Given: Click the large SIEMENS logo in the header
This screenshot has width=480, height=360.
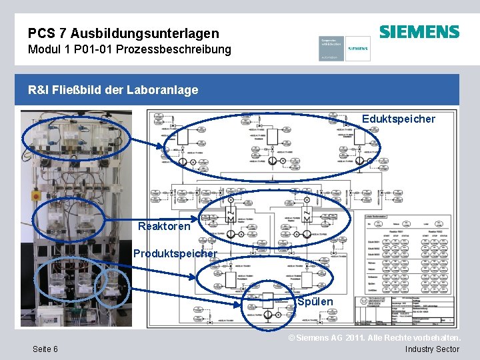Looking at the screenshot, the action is click(419, 31).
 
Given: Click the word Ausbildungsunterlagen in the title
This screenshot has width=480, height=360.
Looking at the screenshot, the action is click(145, 33).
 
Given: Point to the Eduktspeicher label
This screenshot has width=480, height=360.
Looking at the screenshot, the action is click(398, 119).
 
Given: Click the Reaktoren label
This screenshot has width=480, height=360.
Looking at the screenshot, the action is click(163, 226).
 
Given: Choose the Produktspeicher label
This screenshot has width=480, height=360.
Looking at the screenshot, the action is click(175, 253).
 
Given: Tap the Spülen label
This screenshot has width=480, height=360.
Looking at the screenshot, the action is click(315, 301).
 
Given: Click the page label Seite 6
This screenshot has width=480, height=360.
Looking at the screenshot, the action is click(44, 349).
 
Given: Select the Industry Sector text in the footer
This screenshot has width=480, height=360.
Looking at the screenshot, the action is click(432, 349).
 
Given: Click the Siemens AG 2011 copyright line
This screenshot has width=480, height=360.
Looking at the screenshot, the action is click(373, 338).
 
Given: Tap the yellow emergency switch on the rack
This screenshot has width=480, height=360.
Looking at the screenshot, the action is click(36, 196).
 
